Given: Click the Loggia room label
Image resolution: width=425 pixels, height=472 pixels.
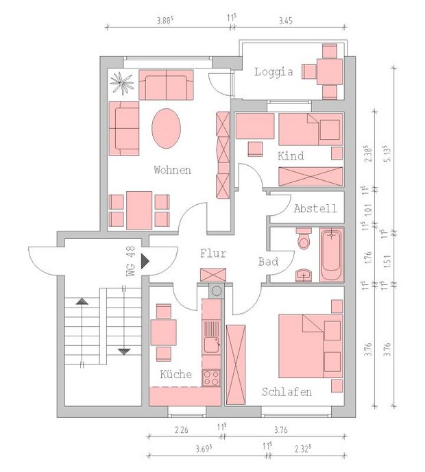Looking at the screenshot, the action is click(274, 72).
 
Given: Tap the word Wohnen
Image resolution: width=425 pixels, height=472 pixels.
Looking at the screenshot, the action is click(173, 170).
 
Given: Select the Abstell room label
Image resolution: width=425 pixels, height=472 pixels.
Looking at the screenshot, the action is click(315, 208).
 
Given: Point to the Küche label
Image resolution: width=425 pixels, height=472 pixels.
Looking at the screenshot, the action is click(176, 374).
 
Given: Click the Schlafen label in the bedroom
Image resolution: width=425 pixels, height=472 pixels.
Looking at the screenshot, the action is click(287, 392).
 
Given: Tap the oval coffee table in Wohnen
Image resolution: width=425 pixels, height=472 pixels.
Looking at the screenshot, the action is click(167, 128).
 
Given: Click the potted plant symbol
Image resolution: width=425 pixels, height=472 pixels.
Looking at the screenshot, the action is click(122, 83).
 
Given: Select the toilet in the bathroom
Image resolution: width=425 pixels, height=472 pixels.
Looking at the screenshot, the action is click(304, 238).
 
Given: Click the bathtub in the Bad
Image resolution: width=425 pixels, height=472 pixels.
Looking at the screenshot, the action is click(331, 255).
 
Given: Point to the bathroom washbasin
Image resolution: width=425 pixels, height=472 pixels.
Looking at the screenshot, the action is click(304, 275).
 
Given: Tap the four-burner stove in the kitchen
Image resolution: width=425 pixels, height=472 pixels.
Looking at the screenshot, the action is click(211, 377).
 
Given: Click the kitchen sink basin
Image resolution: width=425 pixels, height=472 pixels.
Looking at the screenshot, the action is click(212, 345).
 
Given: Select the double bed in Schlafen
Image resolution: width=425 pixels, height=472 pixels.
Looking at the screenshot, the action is click(311, 346).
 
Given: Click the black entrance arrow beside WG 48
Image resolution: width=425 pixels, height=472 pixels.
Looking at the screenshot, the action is click(145, 261).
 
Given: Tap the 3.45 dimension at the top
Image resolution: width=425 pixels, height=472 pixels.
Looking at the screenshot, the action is click(285, 21).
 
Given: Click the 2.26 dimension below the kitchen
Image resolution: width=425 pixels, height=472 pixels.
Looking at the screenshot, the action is click(182, 430).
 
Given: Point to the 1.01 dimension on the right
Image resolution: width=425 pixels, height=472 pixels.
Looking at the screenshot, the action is click(368, 210).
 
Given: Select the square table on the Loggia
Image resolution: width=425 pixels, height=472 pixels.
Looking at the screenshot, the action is click(330, 72).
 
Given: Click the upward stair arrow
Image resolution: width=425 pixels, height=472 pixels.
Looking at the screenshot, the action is click(82, 301).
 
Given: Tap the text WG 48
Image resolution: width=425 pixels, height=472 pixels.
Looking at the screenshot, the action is click(130, 261).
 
